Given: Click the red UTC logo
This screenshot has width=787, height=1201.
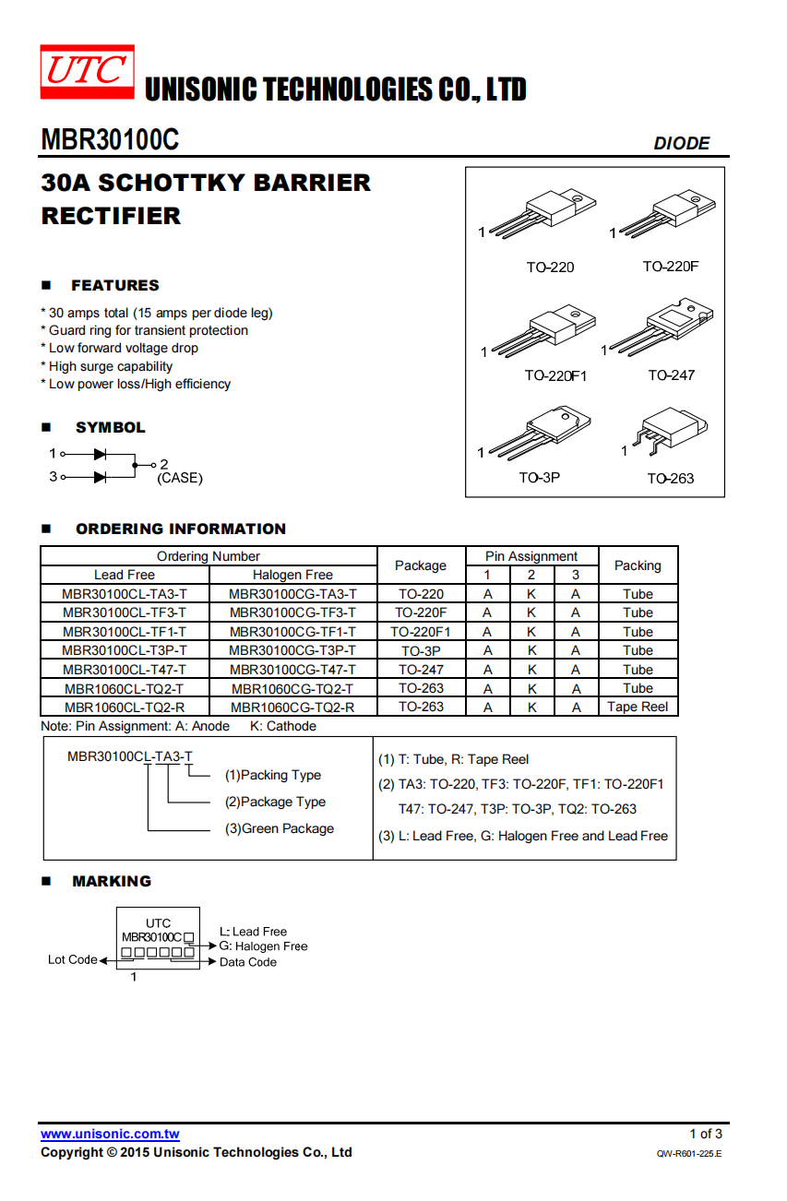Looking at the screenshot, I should tap(87, 72).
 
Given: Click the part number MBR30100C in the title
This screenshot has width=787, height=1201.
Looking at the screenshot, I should tap(110, 139).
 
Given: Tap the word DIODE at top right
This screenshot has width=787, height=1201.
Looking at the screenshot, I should tap(681, 143).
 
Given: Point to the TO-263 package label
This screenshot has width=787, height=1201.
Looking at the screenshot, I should tap(670, 478).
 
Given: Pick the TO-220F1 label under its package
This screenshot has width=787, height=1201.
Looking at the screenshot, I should tap(555, 375).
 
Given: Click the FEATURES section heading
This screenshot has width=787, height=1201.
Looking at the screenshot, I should tap(114, 285).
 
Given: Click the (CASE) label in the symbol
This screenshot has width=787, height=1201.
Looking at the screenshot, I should tap(180, 478).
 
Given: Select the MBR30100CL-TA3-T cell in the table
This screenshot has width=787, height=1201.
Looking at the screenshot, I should tap(125, 594).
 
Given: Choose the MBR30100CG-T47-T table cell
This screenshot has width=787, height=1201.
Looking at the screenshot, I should tap(292, 670).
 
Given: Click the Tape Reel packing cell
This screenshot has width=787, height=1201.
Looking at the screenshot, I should tap(638, 708).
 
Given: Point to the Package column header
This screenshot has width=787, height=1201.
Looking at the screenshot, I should tap(420, 565).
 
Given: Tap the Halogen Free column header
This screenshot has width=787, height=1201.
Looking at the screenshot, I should tap(292, 575).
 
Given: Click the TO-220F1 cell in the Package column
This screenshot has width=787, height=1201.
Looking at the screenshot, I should tap(420, 632).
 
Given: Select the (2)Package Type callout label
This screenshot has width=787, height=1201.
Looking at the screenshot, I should tap(275, 802).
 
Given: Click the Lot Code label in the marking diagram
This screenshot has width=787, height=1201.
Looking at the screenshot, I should tap(73, 959).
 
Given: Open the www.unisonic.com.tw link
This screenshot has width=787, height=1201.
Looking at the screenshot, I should tap(110, 1134).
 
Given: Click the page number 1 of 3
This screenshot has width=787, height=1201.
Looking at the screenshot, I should tap(706, 1134).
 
